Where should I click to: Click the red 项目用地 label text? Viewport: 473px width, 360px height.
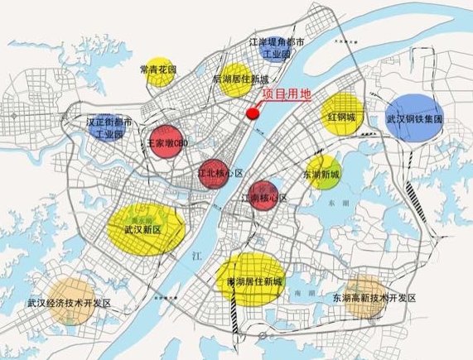pos(287,94)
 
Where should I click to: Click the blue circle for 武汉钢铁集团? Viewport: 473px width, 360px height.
pos(416,116)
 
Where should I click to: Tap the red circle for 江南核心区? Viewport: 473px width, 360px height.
pos(267,196)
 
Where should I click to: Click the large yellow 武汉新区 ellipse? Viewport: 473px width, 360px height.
pos(146,226)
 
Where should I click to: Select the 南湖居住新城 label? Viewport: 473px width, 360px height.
pos(249,281)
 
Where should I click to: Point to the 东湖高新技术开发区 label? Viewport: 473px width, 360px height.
pos(373,297)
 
